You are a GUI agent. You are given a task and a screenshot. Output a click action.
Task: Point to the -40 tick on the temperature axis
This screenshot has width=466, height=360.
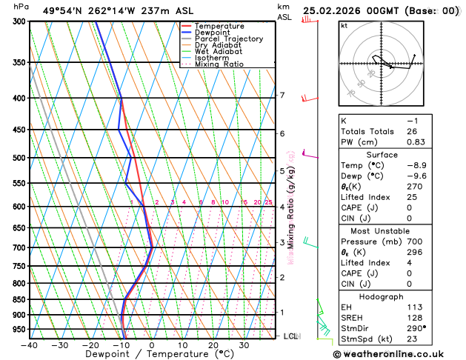click(29, 344)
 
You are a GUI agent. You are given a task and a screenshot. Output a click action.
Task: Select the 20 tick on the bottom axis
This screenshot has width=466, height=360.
click(213, 344)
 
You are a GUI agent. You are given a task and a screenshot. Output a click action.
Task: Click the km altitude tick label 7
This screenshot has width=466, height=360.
click(282, 96)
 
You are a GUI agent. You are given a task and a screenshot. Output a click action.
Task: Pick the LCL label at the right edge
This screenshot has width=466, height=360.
click(291, 336)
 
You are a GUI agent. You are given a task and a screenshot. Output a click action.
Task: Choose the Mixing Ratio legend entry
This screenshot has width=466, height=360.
click(222, 64)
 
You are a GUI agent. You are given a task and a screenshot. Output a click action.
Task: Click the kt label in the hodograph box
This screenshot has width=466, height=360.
click(344, 26)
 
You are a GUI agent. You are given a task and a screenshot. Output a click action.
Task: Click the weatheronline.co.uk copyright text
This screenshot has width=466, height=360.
click(390, 354)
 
